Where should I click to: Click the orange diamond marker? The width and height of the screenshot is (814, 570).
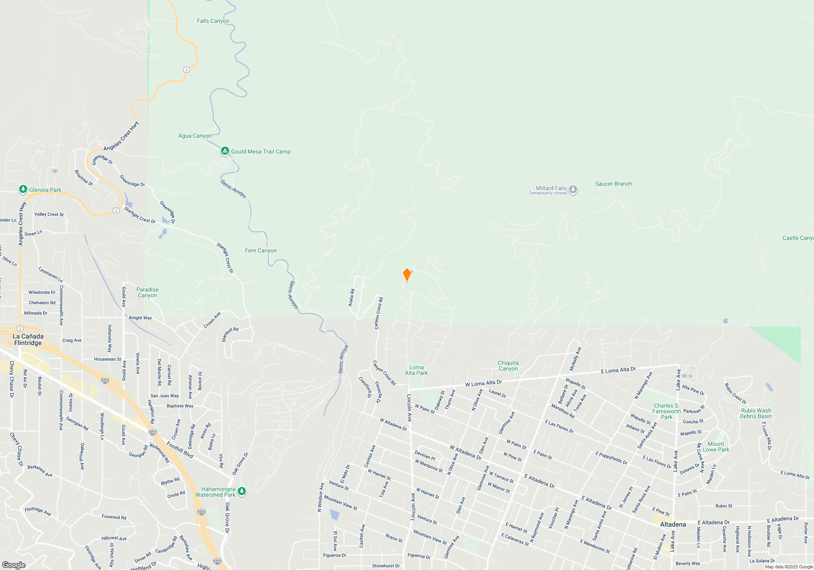click(x=407, y=275)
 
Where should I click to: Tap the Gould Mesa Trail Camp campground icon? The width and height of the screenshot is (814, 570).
click(x=225, y=151)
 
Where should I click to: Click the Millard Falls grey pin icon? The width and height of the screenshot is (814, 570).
click(x=573, y=190)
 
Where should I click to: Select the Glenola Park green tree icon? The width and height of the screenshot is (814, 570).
click(x=23, y=189)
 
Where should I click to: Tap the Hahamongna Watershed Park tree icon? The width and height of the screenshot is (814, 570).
click(x=242, y=491)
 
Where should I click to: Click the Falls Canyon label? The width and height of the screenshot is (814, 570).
click(x=213, y=21)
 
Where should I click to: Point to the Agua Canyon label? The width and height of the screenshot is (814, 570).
click(x=195, y=136)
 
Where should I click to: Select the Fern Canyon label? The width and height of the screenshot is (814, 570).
click(x=260, y=250)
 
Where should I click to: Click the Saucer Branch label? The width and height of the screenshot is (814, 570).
click(x=613, y=184)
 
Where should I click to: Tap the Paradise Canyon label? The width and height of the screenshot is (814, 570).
click(x=147, y=292)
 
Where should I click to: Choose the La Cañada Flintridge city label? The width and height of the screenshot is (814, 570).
click(x=28, y=340)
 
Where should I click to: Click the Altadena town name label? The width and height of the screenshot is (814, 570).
click(x=673, y=524)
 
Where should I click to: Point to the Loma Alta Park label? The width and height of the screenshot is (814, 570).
click(x=416, y=370)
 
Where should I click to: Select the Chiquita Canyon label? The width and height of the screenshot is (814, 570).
click(x=508, y=366)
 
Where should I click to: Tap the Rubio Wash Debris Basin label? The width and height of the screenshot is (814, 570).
click(x=756, y=413)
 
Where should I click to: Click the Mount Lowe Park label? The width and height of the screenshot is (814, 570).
click(x=716, y=447)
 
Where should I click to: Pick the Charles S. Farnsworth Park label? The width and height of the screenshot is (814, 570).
click(x=667, y=411)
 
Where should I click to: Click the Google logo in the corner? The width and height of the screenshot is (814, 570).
click(x=13, y=565)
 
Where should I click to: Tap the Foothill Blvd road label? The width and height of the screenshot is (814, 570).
click(x=180, y=450)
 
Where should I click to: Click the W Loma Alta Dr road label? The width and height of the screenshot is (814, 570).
click(x=484, y=383)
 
